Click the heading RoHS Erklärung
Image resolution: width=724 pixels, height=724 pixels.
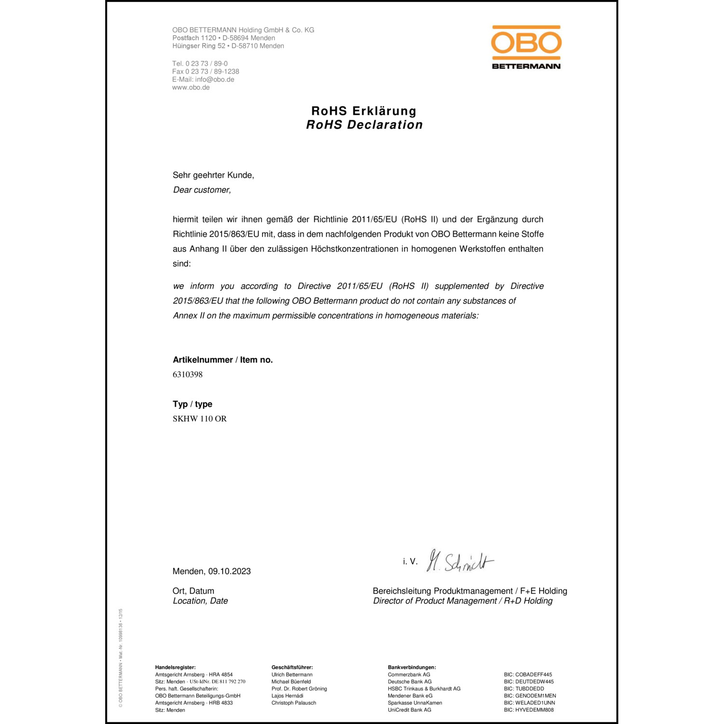364,111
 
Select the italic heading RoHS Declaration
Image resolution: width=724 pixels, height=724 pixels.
364,125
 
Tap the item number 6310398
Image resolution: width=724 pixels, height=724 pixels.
188,375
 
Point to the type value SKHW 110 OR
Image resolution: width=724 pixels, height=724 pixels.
200,419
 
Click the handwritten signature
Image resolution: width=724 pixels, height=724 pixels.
460,561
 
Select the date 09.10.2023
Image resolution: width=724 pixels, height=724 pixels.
230,571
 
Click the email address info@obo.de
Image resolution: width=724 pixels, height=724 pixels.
215,80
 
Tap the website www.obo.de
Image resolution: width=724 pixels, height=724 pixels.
191,87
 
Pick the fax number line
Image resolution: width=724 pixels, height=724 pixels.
206,71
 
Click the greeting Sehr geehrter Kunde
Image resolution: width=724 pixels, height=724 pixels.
213,175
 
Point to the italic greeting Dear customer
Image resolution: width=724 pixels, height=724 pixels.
202,190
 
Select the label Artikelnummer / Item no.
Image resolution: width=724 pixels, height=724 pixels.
223,360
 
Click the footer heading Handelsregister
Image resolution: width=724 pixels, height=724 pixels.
175,668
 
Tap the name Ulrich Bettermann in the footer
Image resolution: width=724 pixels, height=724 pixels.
292,675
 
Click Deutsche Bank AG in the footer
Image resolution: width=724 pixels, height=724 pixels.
410,682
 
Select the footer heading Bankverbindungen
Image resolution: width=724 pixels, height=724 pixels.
412,668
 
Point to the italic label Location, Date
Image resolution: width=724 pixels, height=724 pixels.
200,601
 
